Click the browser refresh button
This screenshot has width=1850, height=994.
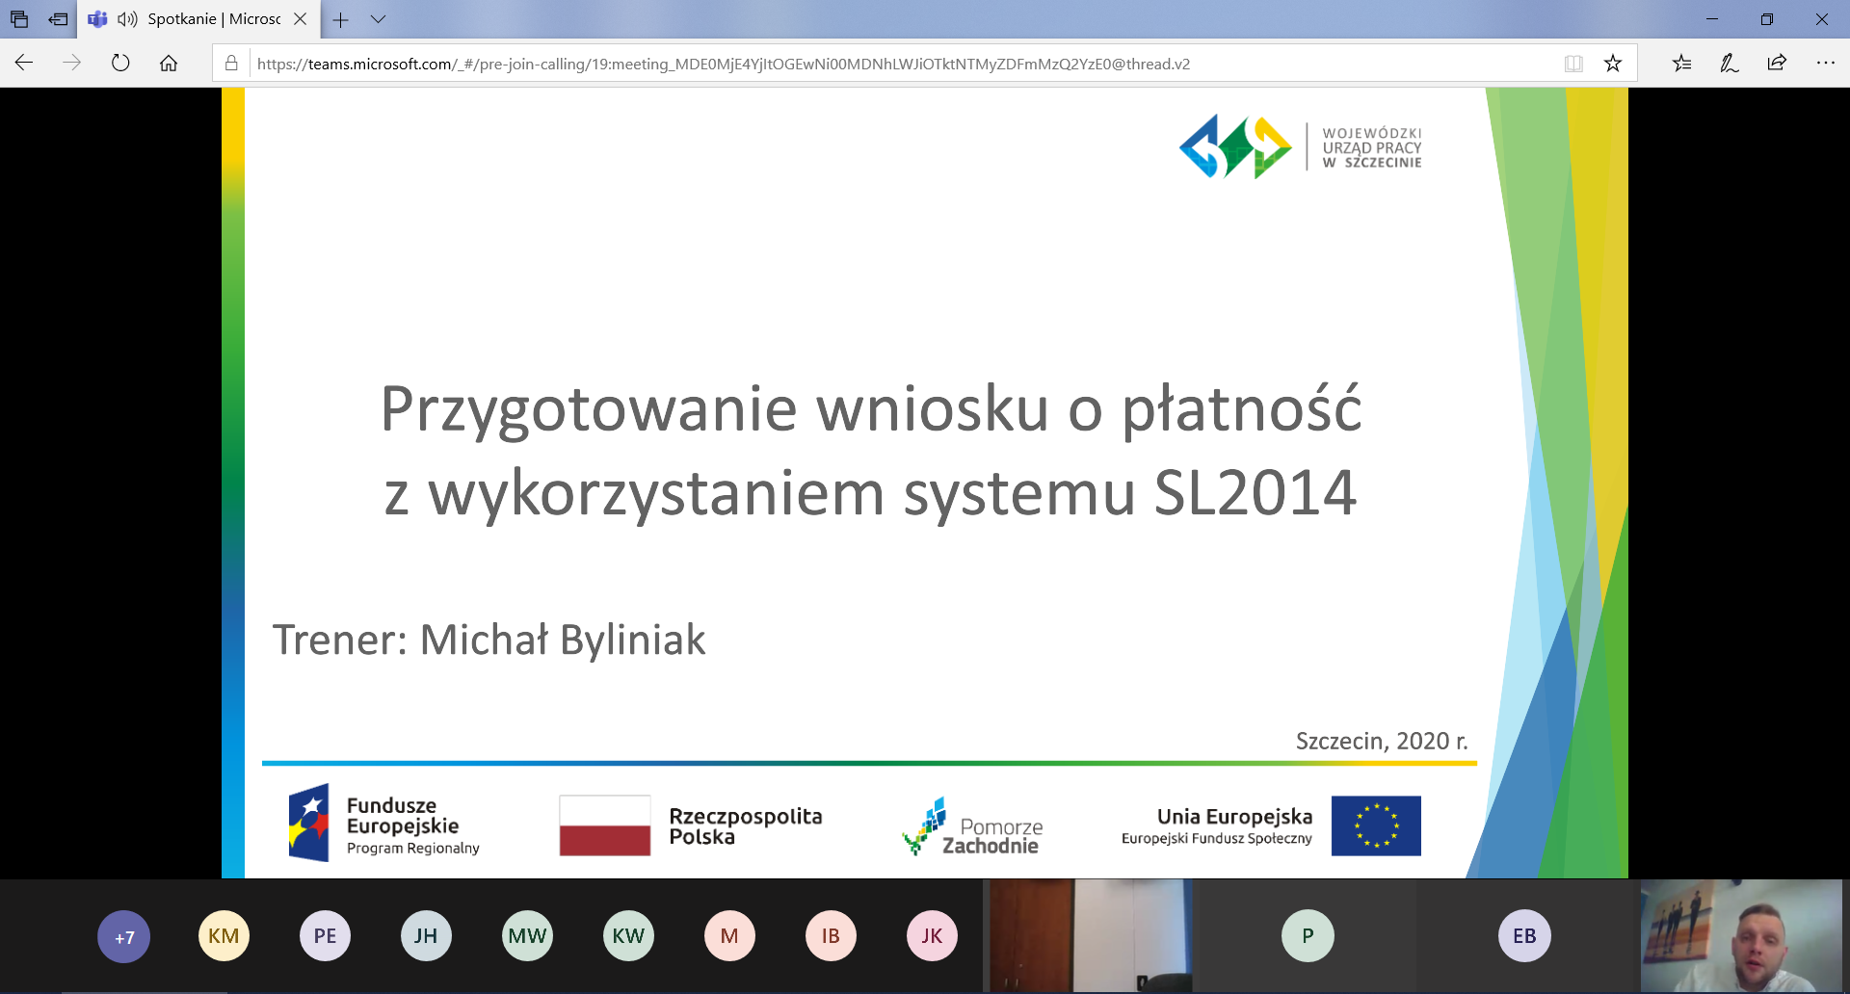point(120,64)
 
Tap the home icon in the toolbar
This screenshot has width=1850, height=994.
point(169,64)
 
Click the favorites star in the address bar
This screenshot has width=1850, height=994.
point(1613,64)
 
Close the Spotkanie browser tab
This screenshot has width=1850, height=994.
point(301,18)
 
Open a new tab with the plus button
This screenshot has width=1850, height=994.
point(340,19)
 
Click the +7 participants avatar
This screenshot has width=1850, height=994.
point(124,936)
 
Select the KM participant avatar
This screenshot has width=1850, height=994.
point(224,936)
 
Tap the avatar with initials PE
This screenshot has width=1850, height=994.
point(325,936)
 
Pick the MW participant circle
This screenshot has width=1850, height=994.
point(527,936)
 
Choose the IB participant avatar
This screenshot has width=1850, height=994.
point(831,936)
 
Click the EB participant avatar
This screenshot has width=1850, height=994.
point(1524,936)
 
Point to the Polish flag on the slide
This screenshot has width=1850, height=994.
point(605,825)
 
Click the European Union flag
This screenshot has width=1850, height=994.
point(1376,825)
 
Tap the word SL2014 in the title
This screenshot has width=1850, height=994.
point(1255,492)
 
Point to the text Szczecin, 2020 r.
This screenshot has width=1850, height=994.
point(1382,741)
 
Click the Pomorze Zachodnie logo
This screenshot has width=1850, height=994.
point(972,826)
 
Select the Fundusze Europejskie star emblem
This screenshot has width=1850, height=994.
point(309,823)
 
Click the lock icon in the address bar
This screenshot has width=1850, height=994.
point(231,64)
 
